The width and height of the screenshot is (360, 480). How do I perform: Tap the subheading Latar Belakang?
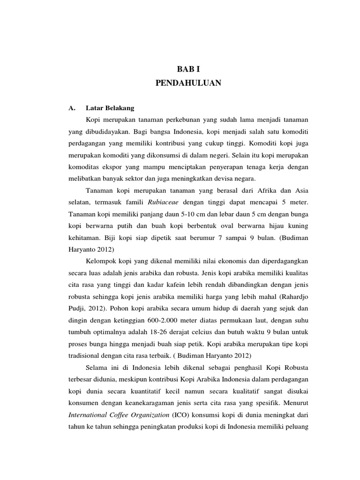pyautogui.click(x=112, y=108)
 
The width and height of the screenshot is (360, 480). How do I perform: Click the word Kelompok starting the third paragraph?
pyautogui.click(x=102, y=261)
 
